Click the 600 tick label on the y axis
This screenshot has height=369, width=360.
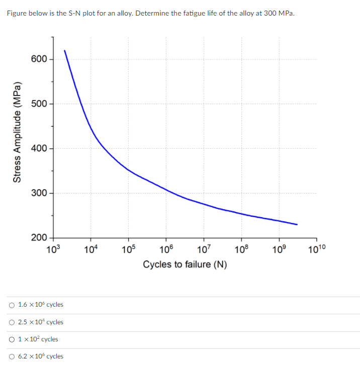tap(39, 59)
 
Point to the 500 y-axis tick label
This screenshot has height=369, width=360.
tap(39, 104)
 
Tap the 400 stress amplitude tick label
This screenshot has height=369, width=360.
tap(39, 148)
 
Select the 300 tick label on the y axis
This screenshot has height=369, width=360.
tap(39, 193)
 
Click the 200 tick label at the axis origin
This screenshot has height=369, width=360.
tap(39, 237)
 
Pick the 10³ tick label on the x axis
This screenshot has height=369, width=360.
tap(53, 248)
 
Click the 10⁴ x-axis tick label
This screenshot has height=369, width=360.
tap(91, 248)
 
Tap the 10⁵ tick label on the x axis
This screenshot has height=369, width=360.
tap(128, 248)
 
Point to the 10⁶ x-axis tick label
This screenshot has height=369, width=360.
tap(166, 248)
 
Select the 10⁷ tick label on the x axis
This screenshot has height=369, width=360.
tap(204, 248)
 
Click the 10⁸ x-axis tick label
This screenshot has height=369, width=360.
tap(241, 248)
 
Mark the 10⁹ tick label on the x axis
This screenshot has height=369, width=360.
tap(279, 248)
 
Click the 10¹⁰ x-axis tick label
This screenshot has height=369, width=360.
tap(316, 248)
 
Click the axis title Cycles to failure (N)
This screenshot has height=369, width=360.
tap(185, 264)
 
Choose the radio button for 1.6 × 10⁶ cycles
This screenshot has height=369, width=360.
tap(12, 305)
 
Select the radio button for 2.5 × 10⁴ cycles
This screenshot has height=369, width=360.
tap(12, 322)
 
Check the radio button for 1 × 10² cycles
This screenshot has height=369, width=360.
tap(12, 339)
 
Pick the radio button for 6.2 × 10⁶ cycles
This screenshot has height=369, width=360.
tap(12, 356)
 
